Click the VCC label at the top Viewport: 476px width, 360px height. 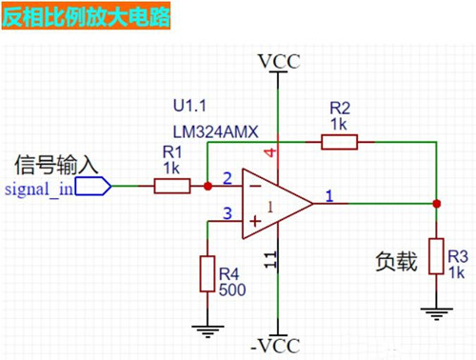pyautogui.click(x=279, y=62)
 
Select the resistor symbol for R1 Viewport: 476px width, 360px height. pyautogui.click(x=172, y=187)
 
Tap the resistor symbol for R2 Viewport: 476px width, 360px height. pyautogui.click(x=339, y=143)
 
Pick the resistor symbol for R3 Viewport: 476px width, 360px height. pyautogui.click(x=436, y=256)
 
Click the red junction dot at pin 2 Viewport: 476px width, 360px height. pyautogui.click(x=208, y=187)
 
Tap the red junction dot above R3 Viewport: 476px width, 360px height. pyautogui.click(x=436, y=203)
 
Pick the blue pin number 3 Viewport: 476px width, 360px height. pyautogui.click(x=227, y=213)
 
